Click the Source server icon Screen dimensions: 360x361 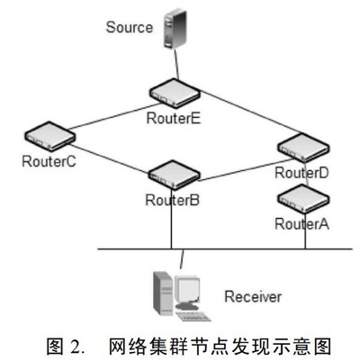(175, 29)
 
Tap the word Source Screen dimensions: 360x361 (130, 27)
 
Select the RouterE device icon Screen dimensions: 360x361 (175, 93)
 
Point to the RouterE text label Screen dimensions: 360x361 (174, 118)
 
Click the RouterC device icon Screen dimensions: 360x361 (49, 136)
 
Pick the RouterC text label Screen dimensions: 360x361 (49, 161)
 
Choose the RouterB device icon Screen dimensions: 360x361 (175, 175)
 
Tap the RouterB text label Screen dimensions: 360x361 (172, 200)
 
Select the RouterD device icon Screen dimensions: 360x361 (303, 148)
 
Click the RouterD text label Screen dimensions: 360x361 (301, 173)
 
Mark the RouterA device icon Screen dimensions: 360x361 (303, 199)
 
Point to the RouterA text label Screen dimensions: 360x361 (301, 224)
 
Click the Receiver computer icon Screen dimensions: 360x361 (181, 296)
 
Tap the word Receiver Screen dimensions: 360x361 (253, 296)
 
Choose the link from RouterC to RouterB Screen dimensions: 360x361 (110, 158)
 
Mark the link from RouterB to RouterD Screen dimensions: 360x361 (246, 170)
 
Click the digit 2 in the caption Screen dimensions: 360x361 (76, 347)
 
